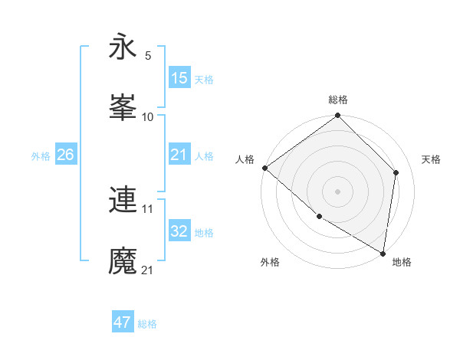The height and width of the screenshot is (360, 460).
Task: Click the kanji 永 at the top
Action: pos(123,47)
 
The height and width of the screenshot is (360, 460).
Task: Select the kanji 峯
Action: pos(123,107)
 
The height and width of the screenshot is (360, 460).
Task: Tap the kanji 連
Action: pos(123,199)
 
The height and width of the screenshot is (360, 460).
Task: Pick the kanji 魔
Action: pos(123,260)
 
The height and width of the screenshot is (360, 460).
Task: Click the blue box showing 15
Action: pos(179,78)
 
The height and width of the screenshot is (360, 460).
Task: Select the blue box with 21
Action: pos(179,155)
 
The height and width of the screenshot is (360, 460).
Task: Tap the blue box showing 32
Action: pos(179,232)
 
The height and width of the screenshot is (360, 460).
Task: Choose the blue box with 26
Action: pos(65,155)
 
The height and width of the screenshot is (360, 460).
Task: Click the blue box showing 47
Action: pos(123,323)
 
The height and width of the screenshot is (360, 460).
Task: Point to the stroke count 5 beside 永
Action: pos(148,56)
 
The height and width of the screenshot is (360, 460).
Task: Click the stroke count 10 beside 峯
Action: pos(148,117)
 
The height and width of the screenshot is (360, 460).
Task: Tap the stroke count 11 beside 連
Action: pos(148,208)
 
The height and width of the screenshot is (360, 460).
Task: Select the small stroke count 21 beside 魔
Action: pos(148,270)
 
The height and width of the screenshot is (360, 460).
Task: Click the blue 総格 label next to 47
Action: pos(147,324)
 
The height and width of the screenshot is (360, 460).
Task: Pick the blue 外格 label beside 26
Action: pos(41,156)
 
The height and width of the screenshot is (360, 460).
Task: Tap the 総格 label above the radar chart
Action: pos(338,100)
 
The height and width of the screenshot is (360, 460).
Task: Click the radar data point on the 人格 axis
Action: pos(264,168)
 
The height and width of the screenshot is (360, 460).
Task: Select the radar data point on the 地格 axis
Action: pos(383,253)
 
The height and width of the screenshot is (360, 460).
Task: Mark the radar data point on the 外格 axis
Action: pos(319,217)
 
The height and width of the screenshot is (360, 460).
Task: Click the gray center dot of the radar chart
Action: pos(338,191)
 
